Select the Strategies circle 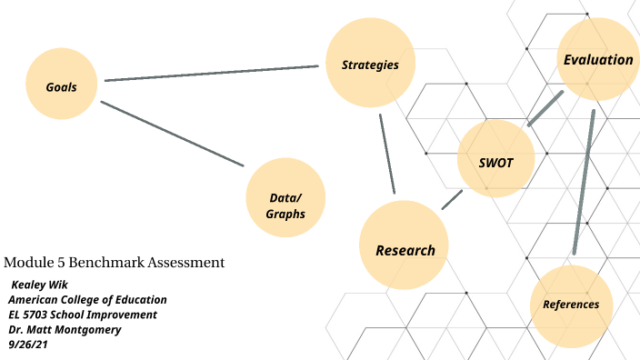coord(370,65)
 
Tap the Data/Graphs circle coord(285,205)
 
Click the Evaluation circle coord(597,60)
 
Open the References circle coord(571,304)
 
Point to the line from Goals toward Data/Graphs coord(173,134)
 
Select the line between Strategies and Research coord(387,155)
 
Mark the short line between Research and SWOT coord(452,200)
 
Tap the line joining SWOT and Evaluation coord(545,107)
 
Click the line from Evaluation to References coord(585,182)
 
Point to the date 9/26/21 coord(26,345)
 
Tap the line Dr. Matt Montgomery coord(65,329)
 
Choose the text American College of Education coord(87,299)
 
